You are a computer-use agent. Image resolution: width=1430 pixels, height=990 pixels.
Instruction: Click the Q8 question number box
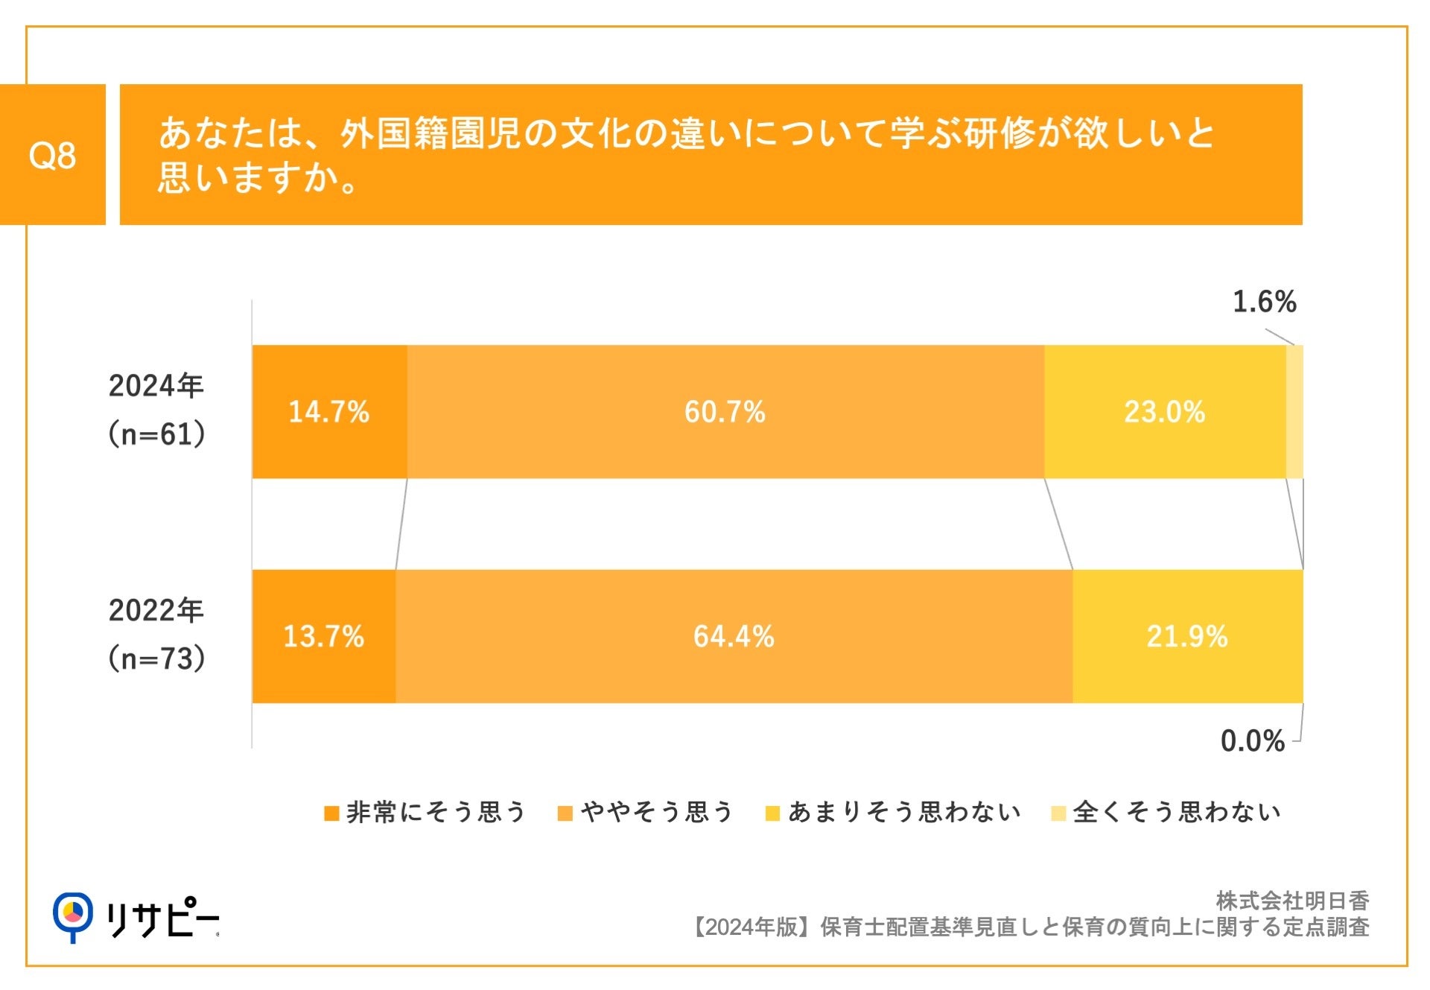click(52, 155)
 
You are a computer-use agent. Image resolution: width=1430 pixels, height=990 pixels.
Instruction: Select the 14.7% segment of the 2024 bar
click(329, 412)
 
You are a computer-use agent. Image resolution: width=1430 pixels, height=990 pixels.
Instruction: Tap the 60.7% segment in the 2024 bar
click(725, 412)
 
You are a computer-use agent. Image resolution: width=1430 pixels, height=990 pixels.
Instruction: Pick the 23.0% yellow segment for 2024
click(1164, 412)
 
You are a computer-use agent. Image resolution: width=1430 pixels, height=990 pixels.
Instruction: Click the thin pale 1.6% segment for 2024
click(1294, 412)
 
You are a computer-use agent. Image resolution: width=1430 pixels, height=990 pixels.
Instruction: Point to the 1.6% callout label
click(1264, 302)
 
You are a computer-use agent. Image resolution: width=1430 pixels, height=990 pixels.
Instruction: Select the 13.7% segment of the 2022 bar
click(323, 637)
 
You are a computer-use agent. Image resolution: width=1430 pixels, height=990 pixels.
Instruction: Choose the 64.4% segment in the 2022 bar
click(734, 637)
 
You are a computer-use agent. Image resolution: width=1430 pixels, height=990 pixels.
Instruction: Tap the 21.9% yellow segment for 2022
click(1186, 637)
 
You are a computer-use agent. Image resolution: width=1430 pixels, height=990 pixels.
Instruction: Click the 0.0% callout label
click(1252, 741)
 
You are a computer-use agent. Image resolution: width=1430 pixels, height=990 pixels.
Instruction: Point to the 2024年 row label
click(156, 386)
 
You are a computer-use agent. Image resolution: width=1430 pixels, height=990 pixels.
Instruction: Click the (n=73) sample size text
click(156, 659)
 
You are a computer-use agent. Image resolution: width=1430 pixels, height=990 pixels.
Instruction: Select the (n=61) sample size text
click(156, 434)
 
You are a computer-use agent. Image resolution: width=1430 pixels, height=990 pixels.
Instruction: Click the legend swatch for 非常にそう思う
click(331, 813)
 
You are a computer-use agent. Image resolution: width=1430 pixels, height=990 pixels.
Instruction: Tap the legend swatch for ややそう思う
click(565, 813)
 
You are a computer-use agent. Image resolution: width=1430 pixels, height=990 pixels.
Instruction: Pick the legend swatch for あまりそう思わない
click(772, 813)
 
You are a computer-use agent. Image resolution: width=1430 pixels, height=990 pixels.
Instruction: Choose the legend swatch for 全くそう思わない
click(1058, 813)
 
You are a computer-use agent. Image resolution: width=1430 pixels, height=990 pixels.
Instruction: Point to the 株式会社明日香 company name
click(1292, 901)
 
